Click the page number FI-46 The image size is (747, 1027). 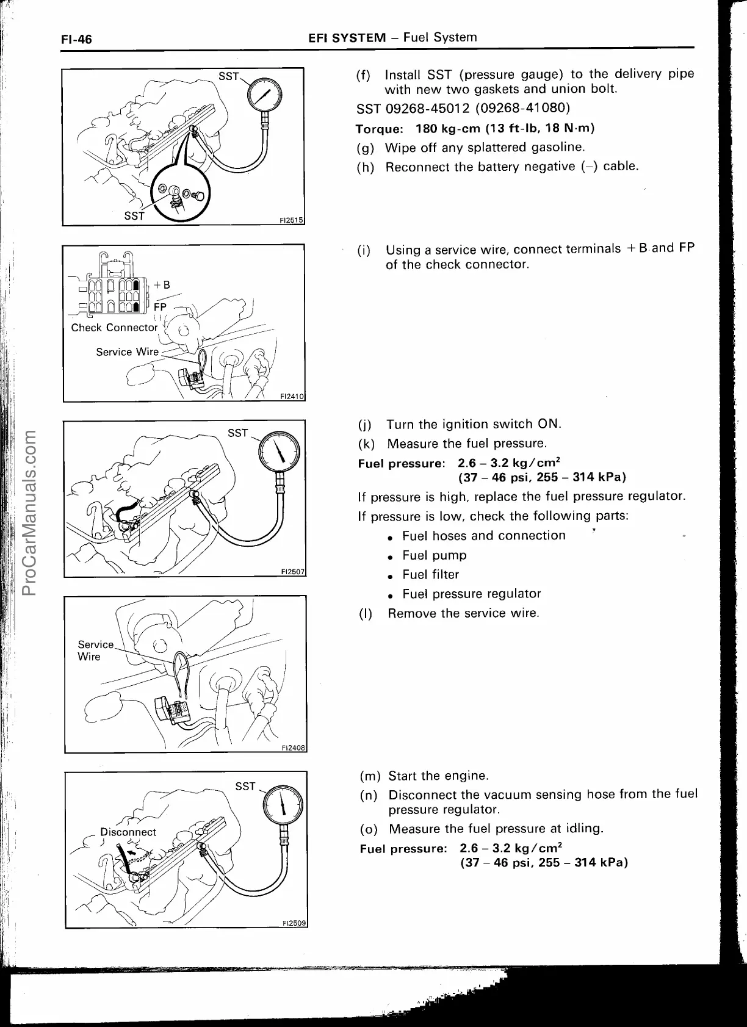[76, 40]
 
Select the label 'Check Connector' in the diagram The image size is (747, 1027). [114, 328]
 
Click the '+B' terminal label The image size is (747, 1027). [162, 285]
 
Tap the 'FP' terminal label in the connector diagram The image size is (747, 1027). [160, 307]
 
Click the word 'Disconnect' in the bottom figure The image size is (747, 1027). [128, 832]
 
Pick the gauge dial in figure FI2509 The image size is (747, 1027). [281, 805]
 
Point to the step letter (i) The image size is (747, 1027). [364, 251]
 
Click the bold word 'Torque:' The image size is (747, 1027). [379, 129]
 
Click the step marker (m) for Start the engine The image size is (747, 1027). [370, 777]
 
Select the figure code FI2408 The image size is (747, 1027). [293, 748]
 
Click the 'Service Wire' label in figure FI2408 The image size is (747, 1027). [96, 650]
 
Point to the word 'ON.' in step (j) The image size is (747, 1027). [549, 424]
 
